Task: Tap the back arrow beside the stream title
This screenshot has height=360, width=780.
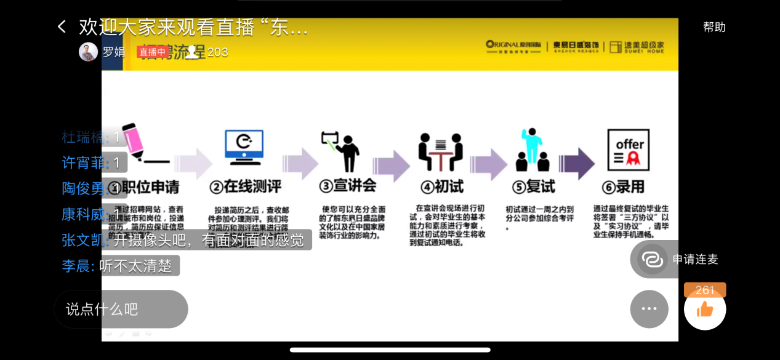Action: coord(62,26)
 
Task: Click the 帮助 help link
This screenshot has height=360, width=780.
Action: coord(714,27)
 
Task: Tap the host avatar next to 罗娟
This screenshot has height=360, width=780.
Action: coord(89,52)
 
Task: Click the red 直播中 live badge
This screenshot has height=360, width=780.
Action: coord(152,52)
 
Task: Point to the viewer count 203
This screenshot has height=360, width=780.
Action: coord(217,52)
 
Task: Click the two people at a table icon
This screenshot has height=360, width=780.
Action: coord(440,151)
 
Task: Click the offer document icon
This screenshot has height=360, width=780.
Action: coord(629,150)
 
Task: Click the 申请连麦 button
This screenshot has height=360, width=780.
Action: coord(678,259)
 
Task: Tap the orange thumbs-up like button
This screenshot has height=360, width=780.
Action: coord(705,309)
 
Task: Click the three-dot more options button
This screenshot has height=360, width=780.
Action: coord(649,309)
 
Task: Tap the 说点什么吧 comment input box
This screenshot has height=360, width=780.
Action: coord(121,309)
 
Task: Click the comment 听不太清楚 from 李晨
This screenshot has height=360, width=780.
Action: coord(135,266)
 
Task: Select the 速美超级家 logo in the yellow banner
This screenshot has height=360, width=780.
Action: coord(637,47)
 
